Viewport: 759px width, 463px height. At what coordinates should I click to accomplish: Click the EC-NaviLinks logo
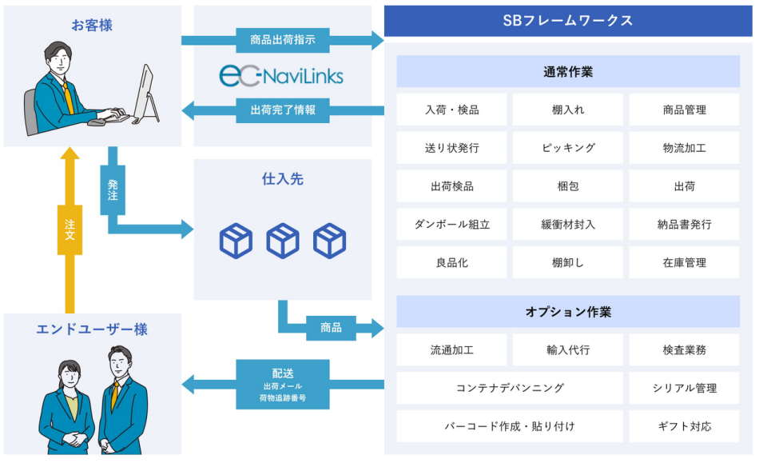click(x=281, y=75)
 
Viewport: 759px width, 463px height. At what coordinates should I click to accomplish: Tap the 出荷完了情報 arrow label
click(x=282, y=110)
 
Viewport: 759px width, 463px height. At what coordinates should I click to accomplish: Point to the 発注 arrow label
click(x=113, y=190)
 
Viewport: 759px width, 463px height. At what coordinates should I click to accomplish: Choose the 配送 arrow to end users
click(x=283, y=384)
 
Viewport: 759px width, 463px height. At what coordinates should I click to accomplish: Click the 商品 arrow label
click(x=330, y=327)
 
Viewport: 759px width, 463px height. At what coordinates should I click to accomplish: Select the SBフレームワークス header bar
click(x=567, y=21)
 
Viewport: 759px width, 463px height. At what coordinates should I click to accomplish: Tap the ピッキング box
click(x=567, y=148)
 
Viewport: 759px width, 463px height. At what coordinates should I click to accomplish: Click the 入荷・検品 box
click(x=451, y=110)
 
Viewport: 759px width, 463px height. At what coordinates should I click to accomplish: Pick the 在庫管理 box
click(x=684, y=262)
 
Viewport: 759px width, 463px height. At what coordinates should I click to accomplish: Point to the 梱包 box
click(x=567, y=186)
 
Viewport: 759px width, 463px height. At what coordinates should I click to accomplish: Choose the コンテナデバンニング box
click(x=510, y=388)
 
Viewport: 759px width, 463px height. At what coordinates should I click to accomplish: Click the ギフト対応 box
click(x=684, y=426)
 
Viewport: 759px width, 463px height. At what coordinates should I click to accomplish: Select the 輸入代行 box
click(x=567, y=349)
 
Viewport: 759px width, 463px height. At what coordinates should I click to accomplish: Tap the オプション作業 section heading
click(x=567, y=312)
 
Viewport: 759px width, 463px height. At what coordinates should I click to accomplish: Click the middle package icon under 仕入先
click(x=283, y=240)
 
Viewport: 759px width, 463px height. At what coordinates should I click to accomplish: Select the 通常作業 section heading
click(x=567, y=72)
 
